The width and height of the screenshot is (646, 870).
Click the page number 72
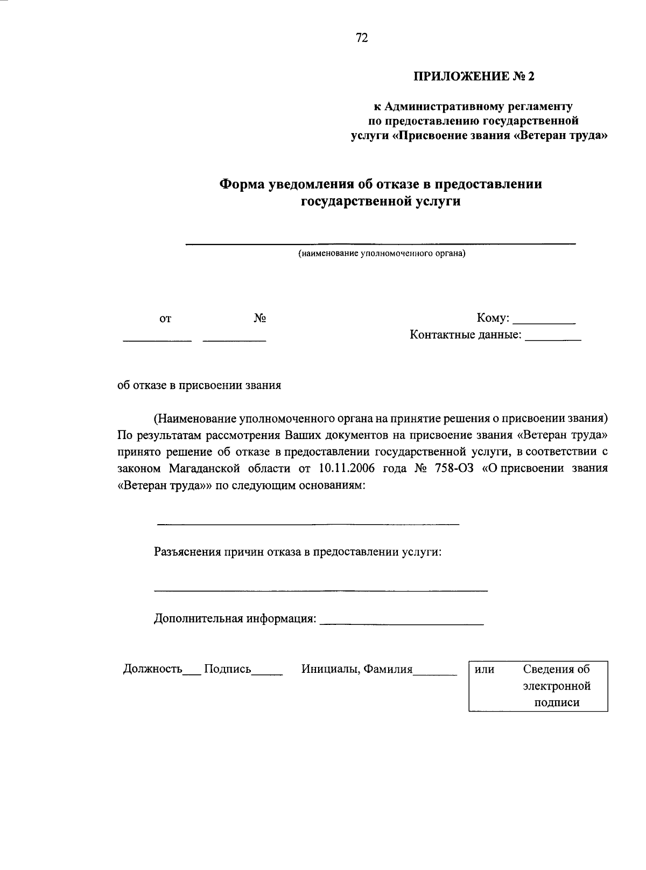click(362, 38)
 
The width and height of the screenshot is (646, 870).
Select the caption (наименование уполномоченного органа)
click(382, 253)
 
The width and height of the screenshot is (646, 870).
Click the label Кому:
click(493, 318)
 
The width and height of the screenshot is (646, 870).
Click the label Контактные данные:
click(466, 335)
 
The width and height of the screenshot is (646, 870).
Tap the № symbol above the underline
click(260, 318)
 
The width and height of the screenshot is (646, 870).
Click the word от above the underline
click(165, 319)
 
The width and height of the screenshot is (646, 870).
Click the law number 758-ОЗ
click(451, 468)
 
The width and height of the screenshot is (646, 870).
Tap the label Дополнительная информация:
click(235, 618)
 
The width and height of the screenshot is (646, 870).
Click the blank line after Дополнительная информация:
click(402, 623)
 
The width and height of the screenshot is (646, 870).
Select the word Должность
click(152, 669)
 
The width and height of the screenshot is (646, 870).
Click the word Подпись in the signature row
click(228, 669)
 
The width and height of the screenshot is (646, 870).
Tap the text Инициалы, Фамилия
click(357, 669)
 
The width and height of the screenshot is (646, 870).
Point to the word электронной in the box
click(557, 686)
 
